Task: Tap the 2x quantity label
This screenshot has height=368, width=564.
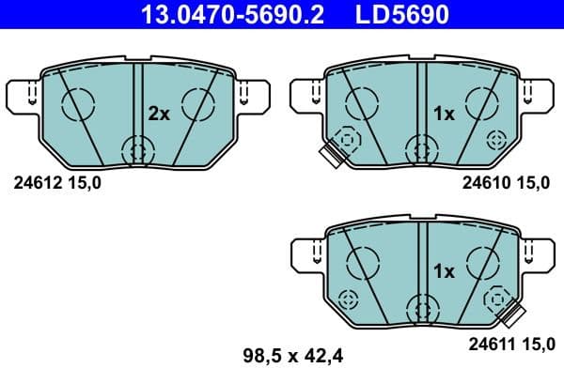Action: pyautogui.click(x=158, y=114)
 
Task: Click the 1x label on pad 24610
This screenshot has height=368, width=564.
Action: pyautogui.click(x=443, y=114)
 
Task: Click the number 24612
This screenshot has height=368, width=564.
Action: pyautogui.click(x=33, y=183)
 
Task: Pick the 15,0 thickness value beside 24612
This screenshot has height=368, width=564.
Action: pyautogui.click(x=81, y=183)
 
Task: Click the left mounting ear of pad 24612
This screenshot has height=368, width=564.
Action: pyautogui.click(x=25, y=94)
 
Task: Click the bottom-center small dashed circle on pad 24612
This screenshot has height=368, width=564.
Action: pyautogui.click(x=137, y=148)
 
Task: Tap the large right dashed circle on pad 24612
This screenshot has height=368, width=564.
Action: pyautogui.click(x=199, y=103)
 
